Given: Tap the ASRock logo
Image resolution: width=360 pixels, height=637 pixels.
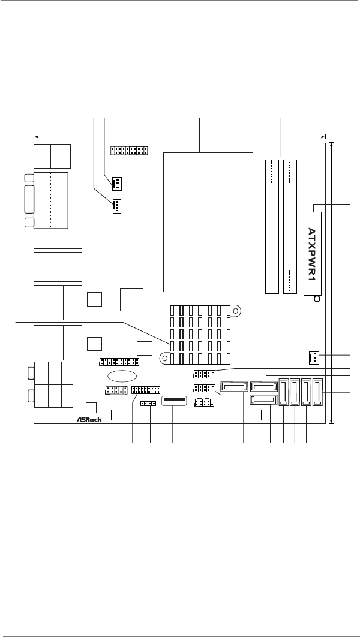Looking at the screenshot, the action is click(x=89, y=419).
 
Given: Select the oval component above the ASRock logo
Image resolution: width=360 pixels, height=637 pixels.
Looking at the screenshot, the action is click(x=122, y=376).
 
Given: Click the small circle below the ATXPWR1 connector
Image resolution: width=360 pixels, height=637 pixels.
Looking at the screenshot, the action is click(x=317, y=299).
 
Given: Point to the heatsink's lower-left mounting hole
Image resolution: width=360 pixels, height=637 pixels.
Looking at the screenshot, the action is click(x=164, y=358).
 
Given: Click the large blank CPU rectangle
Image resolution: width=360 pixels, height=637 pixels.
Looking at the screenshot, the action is click(x=208, y=222).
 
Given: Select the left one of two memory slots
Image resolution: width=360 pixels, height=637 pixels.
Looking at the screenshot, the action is click(x=272, y=226).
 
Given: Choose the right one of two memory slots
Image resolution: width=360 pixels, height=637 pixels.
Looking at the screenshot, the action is click(x=290, y=226).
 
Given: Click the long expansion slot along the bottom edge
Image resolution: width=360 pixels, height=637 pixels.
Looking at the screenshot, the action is click(x=186, y=415).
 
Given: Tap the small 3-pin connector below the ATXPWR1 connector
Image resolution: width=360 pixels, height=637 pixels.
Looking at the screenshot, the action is click(x=313, y=357).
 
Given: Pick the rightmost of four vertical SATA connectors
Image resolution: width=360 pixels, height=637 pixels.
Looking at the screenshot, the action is click(x=318, y=392).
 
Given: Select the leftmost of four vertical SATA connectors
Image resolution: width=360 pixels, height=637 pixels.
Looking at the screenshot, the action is click(x=284, y=392).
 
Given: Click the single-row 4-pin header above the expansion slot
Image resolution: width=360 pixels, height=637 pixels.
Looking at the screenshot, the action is click(x=148, y=404).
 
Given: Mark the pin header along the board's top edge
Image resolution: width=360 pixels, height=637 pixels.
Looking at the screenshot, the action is click(x=129, y=151).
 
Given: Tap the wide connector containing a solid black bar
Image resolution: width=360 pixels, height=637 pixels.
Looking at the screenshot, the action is click(x=174, y=401).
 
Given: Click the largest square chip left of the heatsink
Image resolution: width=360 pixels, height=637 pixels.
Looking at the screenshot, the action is click(x=131, y=299).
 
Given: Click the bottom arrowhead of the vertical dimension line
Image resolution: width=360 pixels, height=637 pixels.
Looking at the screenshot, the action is click(x=332, y=421).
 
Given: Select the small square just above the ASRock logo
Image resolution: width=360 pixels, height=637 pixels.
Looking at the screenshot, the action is click(x=91, y=407).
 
